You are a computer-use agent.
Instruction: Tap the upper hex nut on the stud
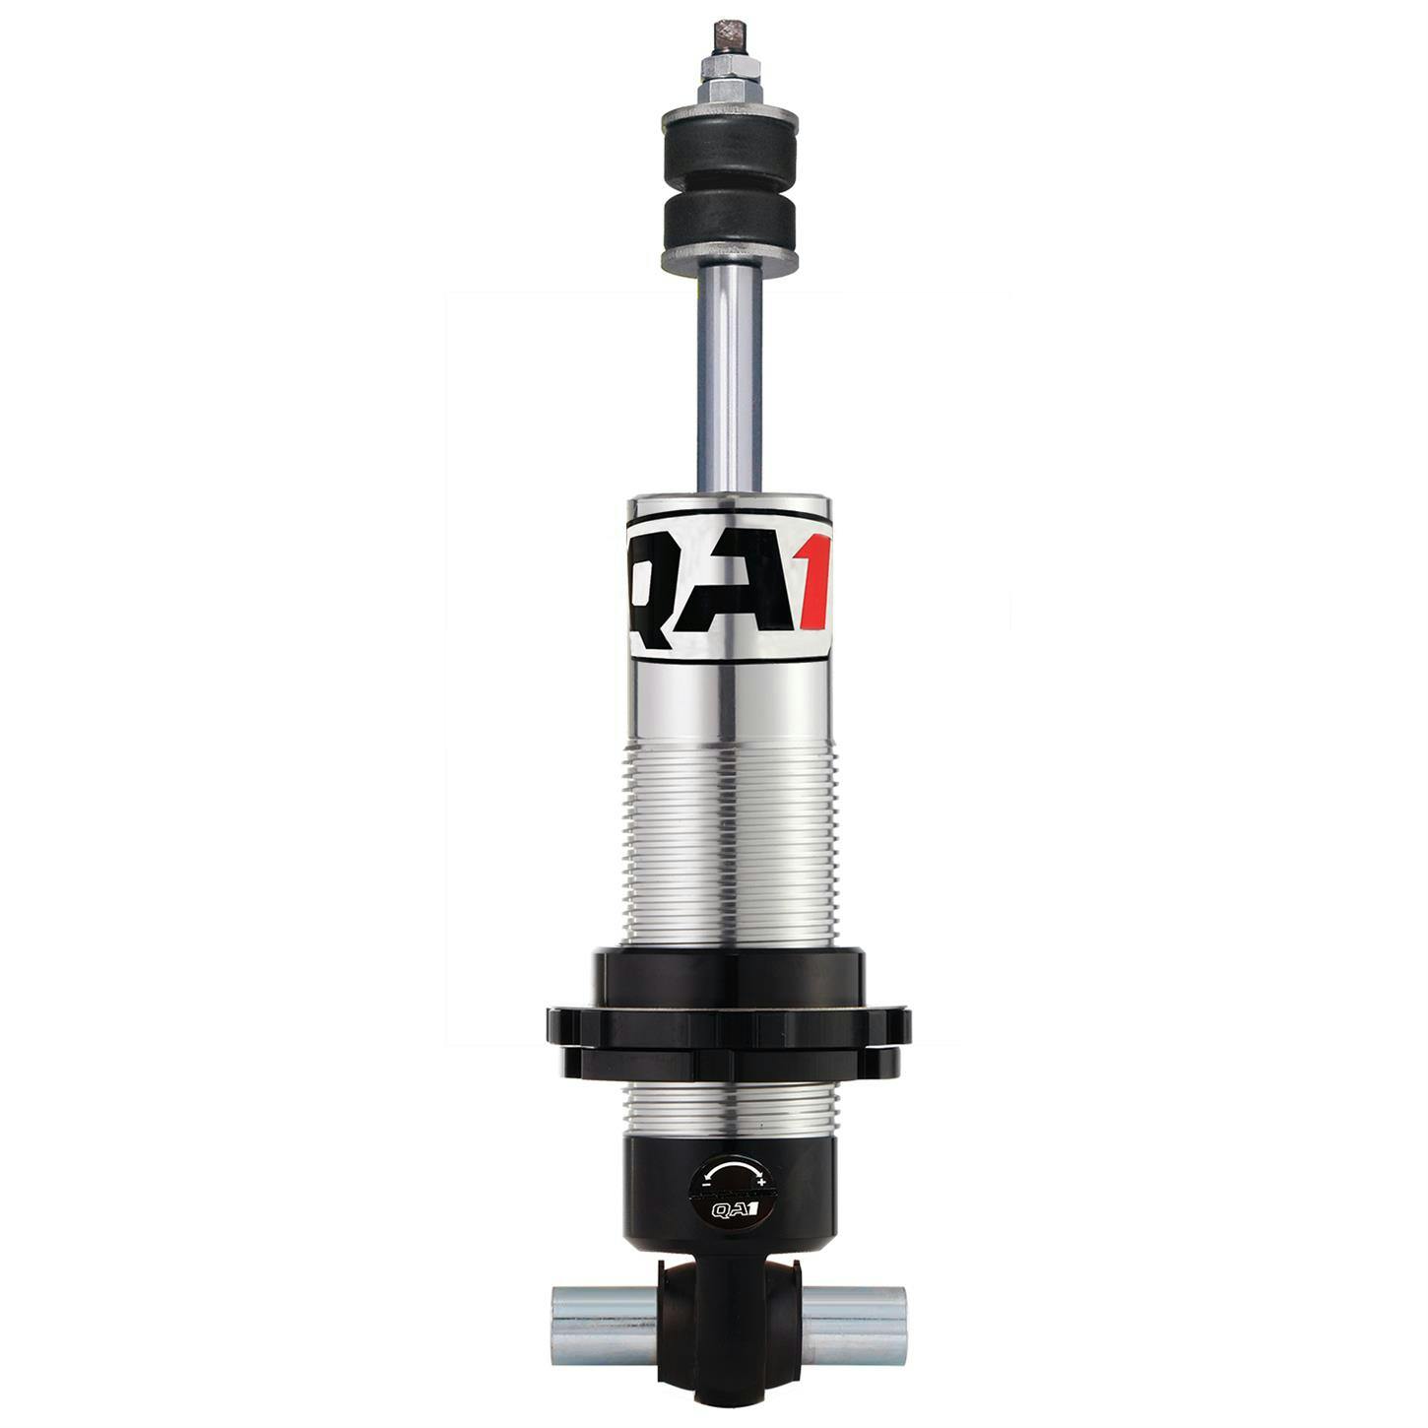[730, 68]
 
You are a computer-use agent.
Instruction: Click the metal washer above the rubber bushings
[730, 119]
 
